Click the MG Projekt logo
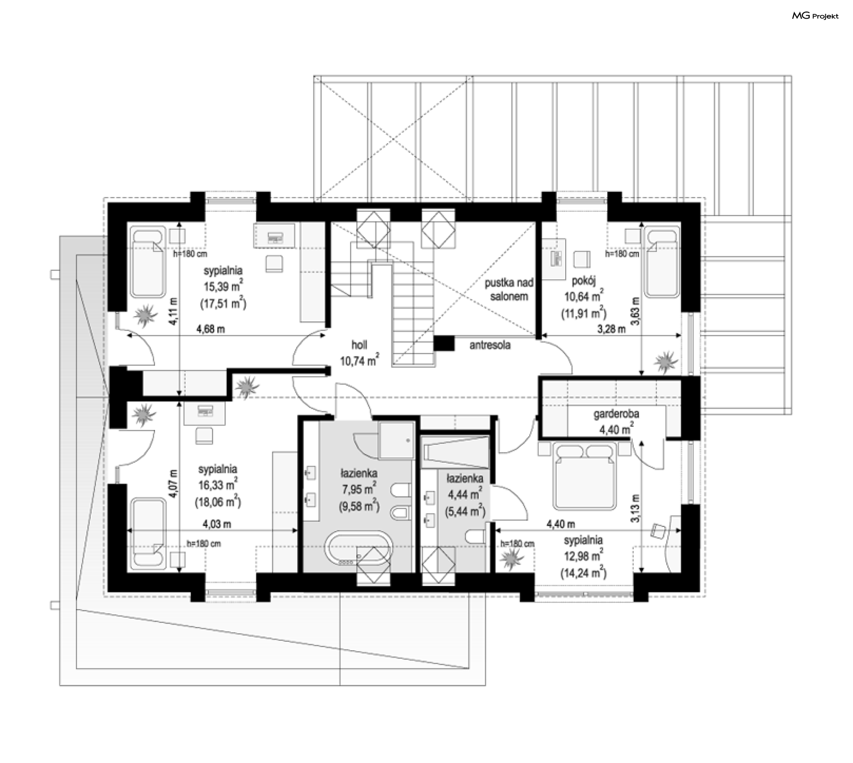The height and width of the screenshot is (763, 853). (x=815, y=16)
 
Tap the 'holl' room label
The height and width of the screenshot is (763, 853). (x=359, y=345)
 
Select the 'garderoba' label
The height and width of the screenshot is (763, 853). (x=616, y=414)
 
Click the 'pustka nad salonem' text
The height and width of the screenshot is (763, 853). (x=509, y=289)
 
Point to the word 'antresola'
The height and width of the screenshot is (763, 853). (x=490, y=345)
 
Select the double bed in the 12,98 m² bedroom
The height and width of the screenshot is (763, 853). (x=584, y=477)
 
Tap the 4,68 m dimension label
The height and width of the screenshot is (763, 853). (x=211, y=329)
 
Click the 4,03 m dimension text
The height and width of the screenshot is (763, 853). (x=217, y=524)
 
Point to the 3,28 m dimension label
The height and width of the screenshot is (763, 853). (x=611, y=329)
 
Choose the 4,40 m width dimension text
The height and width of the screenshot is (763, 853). (x=561, y=524)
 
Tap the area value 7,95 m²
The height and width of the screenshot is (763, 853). (x=359, y=489)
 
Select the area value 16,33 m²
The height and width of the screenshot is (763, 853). (x=218, y=485)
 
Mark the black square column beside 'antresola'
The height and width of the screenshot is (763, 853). (x=444, y=343)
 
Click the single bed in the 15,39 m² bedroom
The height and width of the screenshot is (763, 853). (x=147, y=261)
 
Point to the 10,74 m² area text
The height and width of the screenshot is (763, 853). (x=359, y=360)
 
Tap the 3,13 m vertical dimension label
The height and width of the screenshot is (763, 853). (x=636, y=509)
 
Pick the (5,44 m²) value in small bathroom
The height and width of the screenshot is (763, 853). (x=465, y=512)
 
